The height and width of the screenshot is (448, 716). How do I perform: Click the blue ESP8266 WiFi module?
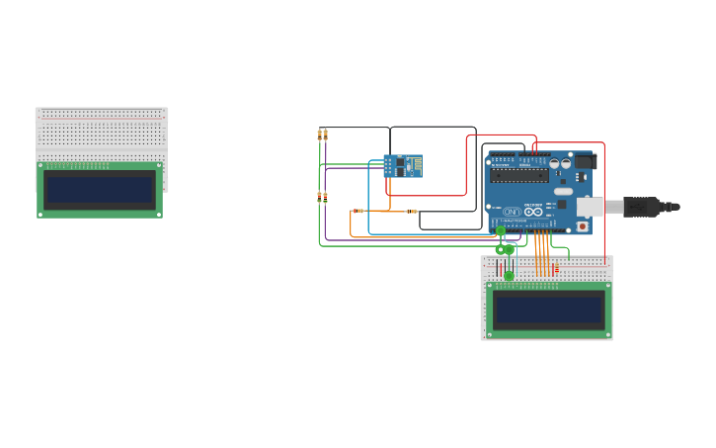(402, 166)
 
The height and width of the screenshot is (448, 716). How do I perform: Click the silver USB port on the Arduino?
(590, 207)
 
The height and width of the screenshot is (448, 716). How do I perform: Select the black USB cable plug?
(642, 207)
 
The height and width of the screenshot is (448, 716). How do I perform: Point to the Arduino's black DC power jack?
(583, 161)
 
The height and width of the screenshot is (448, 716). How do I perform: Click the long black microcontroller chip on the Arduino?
(519, 176)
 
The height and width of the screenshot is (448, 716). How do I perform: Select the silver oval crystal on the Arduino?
(562, 191)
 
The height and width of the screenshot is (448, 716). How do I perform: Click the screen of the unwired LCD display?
(100, 189)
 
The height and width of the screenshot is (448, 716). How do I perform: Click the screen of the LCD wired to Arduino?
(548, 310)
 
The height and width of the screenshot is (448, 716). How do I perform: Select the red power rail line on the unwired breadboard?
(101, 117)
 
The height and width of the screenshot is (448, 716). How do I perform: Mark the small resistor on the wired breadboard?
(556, 269)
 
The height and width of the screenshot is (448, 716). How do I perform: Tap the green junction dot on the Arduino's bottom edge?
(500, 230)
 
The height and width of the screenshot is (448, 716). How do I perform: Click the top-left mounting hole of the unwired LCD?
(41, 166)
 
